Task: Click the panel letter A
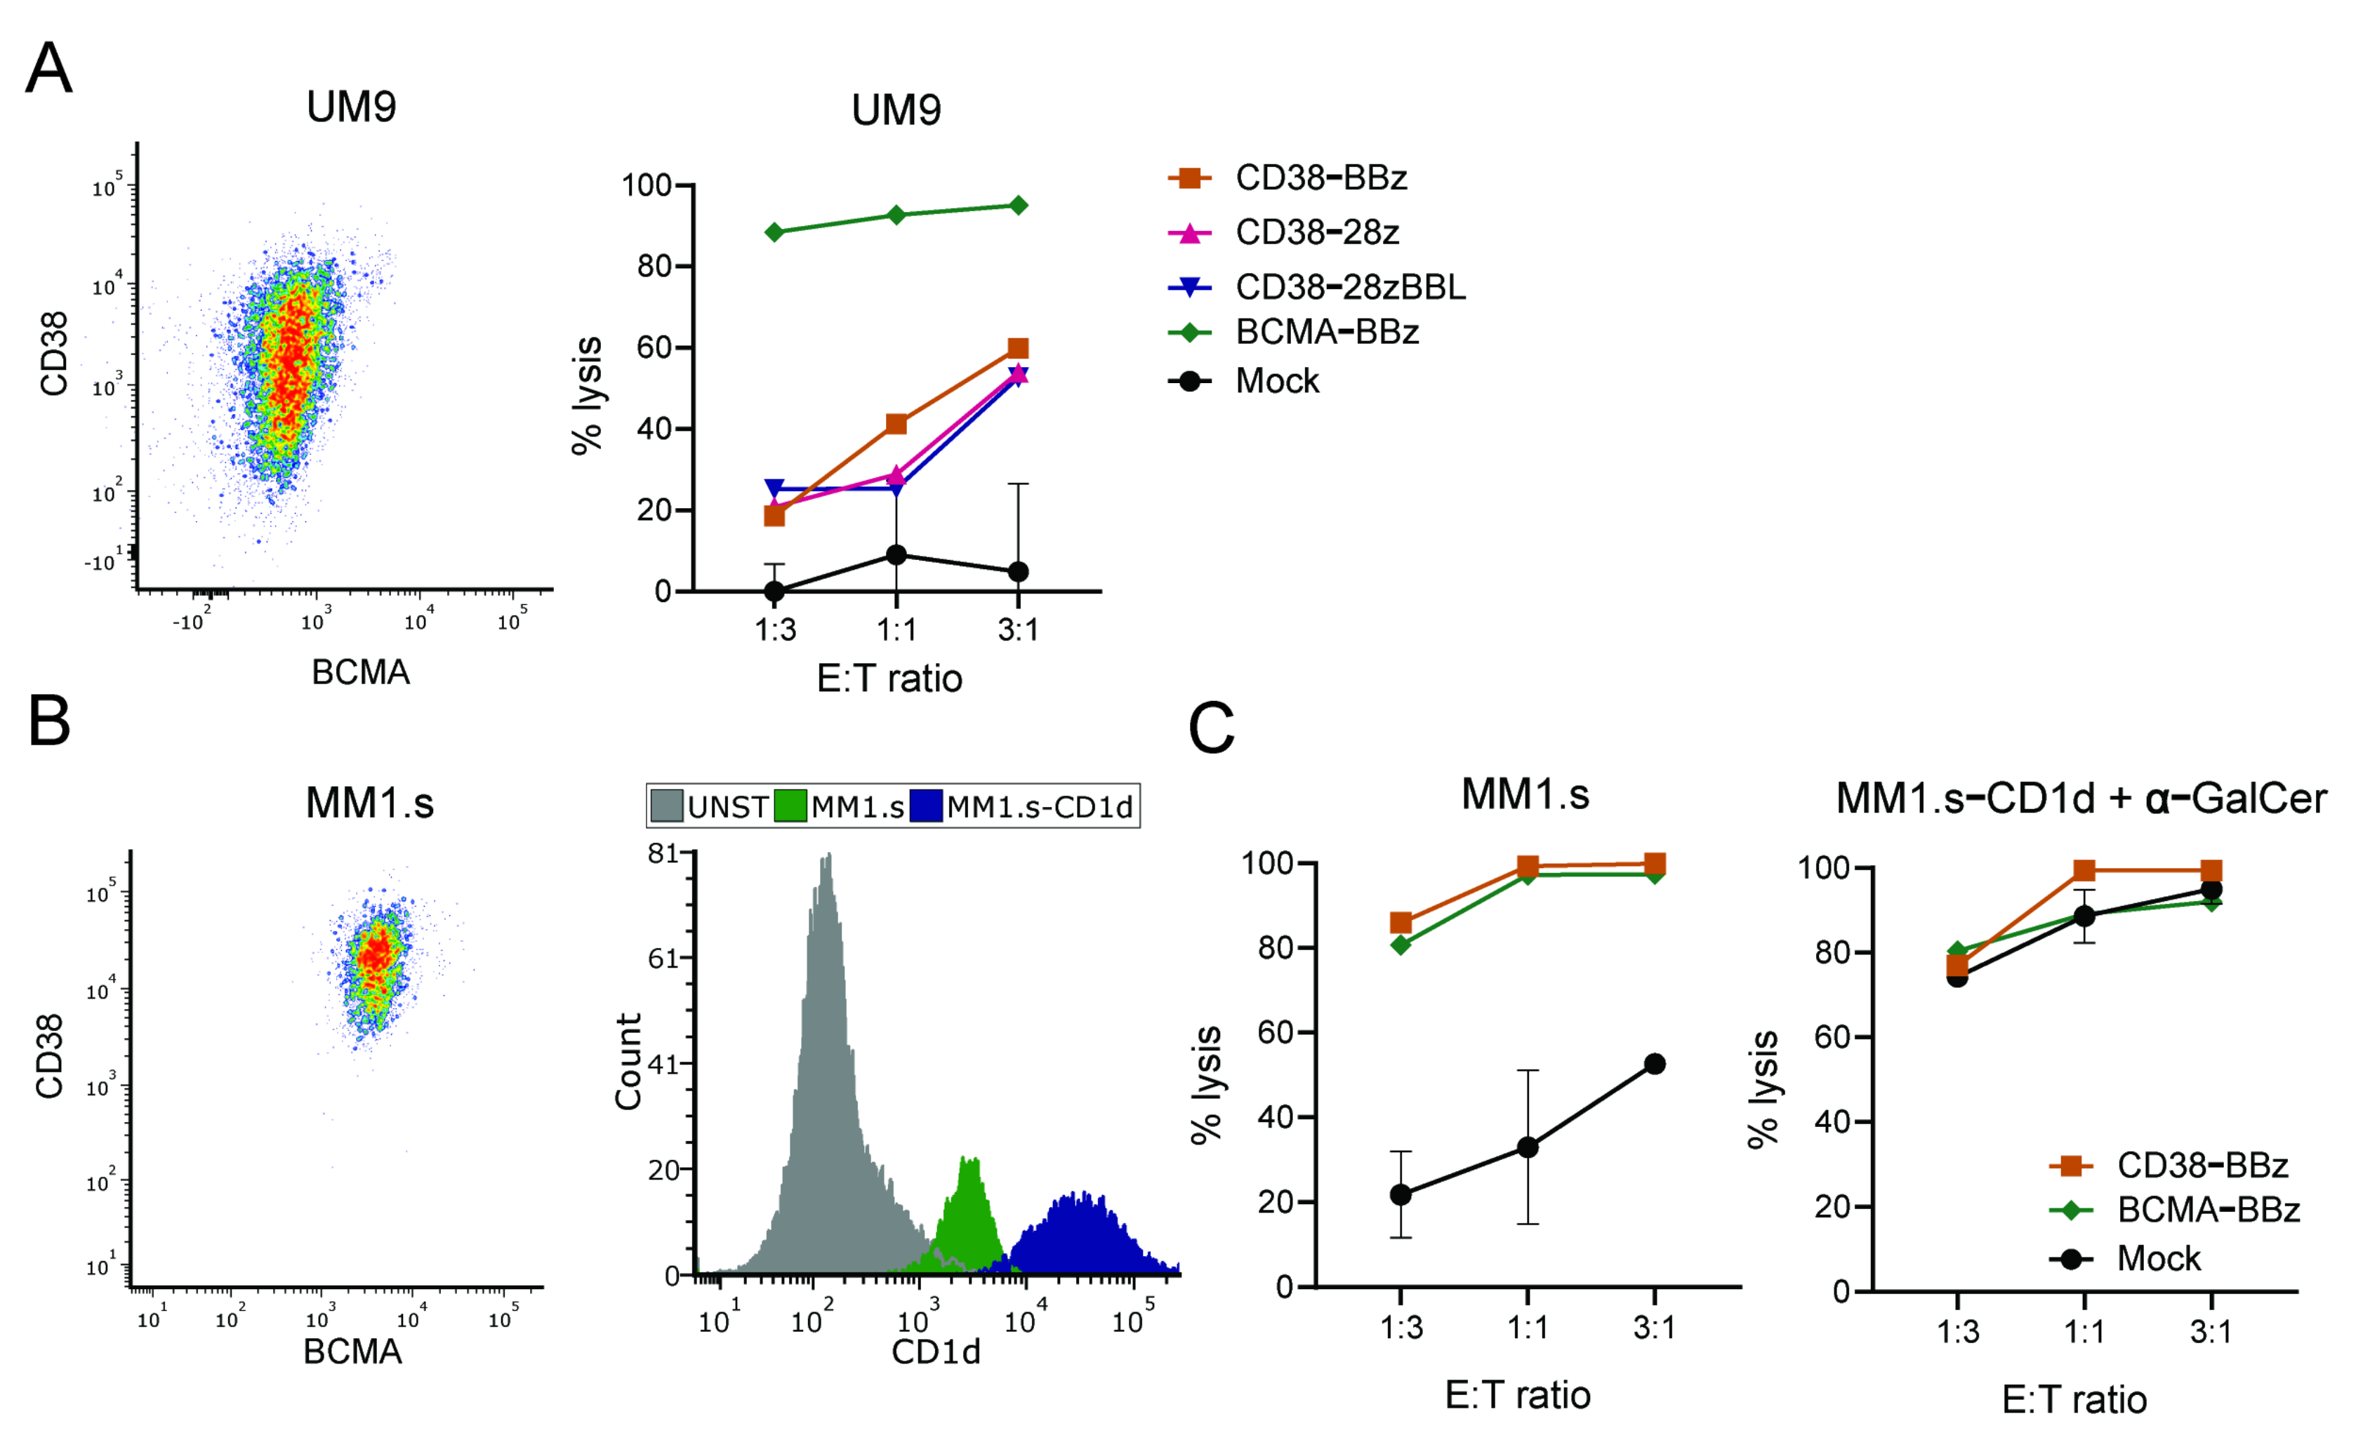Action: pos(48,69)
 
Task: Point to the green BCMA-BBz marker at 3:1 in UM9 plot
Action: pos(1018,205)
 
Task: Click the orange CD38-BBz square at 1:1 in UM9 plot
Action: pos(896,424)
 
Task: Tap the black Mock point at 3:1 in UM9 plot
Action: pos(1018,572)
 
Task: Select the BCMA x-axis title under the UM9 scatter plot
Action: pos(361,672)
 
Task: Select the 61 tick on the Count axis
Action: pos(663,959)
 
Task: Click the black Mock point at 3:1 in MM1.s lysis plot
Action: pos(1655,1065)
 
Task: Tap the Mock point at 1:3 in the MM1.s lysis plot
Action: pos(1401,1195)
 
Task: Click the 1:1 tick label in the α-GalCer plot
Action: pos(2084,1332)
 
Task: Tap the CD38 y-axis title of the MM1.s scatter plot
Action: pos(50,1056)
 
